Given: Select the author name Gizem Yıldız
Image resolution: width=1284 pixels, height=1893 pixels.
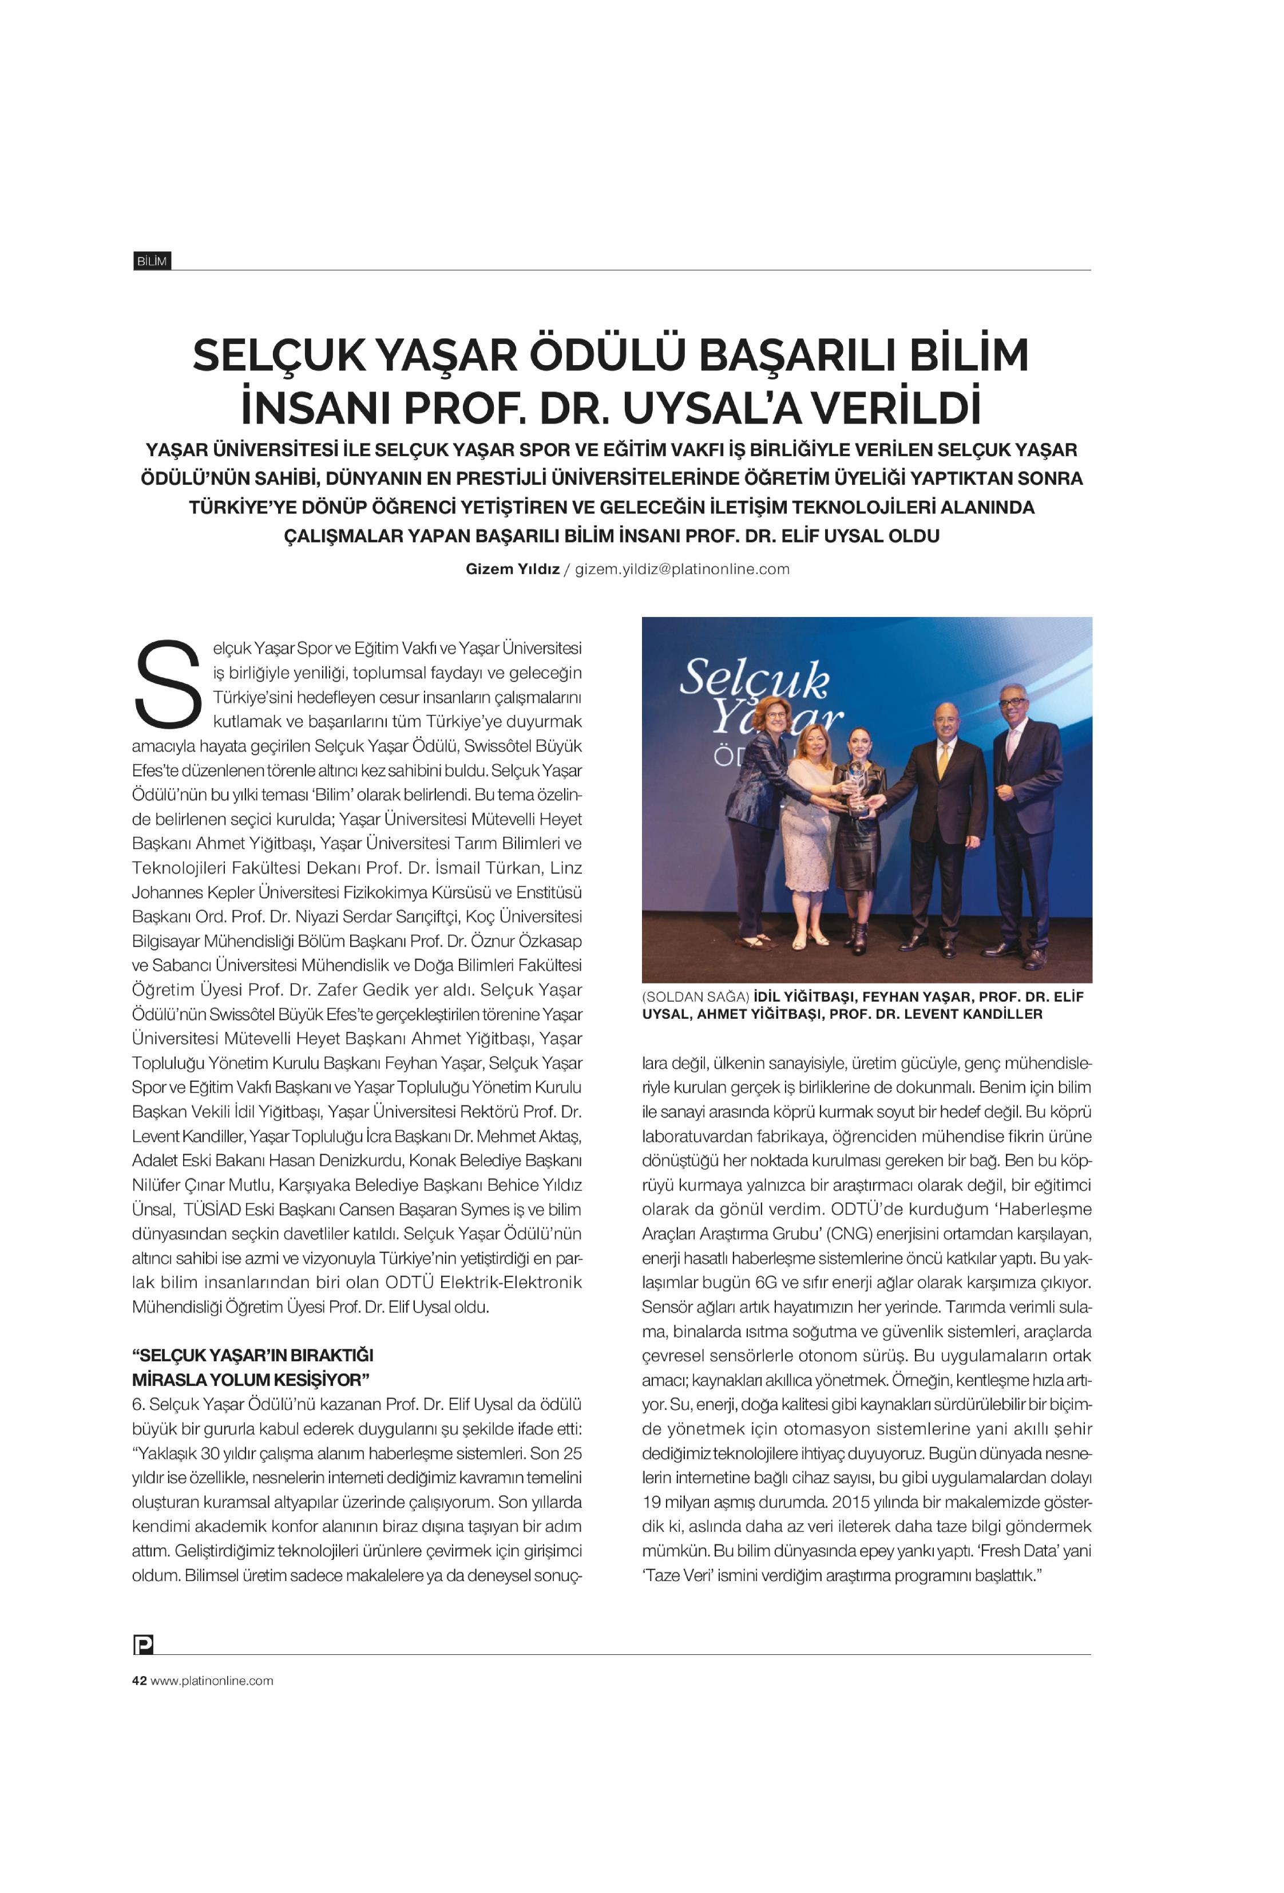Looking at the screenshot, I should click(512, 570).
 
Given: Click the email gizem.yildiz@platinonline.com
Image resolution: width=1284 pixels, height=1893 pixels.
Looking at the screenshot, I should click(682, 570).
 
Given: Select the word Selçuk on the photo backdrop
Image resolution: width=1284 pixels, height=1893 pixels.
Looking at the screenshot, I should click(754, 678).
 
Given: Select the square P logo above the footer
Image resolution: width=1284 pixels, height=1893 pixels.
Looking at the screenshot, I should click(142, 1645).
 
